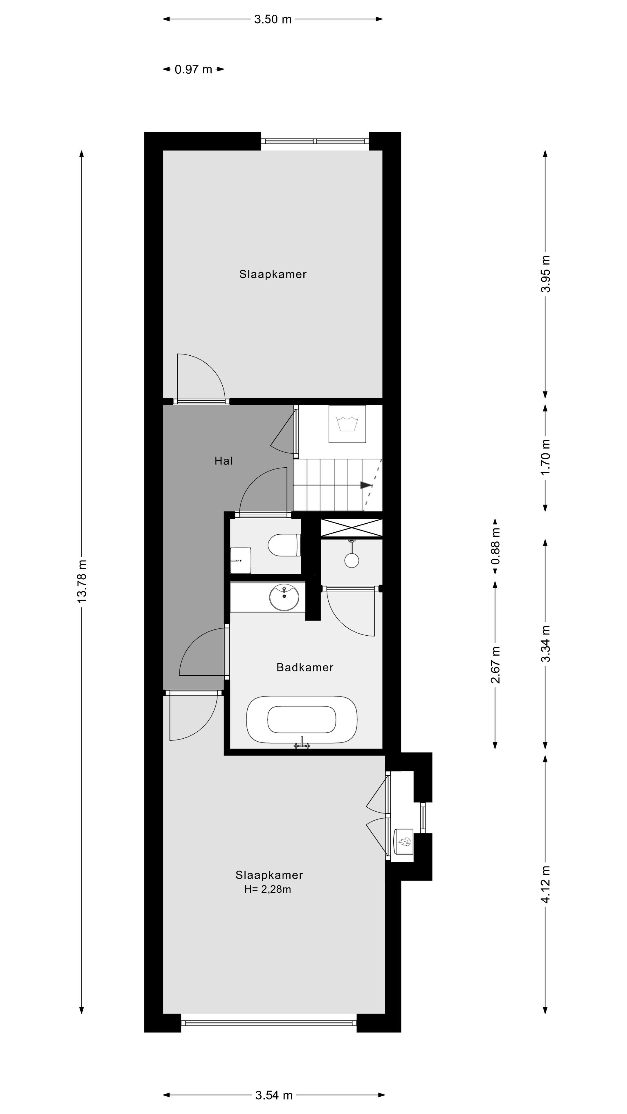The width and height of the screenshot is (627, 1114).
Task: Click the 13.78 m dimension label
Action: click(81, 581)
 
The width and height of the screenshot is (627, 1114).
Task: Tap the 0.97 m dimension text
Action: click(193, 69)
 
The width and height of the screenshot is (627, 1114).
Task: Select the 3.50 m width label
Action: click(273, 19)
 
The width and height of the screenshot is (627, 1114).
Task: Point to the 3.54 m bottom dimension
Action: click(274, 1095)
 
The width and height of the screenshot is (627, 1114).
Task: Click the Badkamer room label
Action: click(305, 667)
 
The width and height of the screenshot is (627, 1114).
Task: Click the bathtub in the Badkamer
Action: click(302, 719)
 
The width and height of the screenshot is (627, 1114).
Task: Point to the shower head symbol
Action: click(351, 560)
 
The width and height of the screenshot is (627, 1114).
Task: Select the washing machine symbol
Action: click(347, 424)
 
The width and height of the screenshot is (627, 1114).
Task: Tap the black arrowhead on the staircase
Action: click(366, 485)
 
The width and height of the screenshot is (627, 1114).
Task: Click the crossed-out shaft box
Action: click(351, 528)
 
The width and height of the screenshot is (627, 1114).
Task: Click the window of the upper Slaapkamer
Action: click(315, 141)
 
